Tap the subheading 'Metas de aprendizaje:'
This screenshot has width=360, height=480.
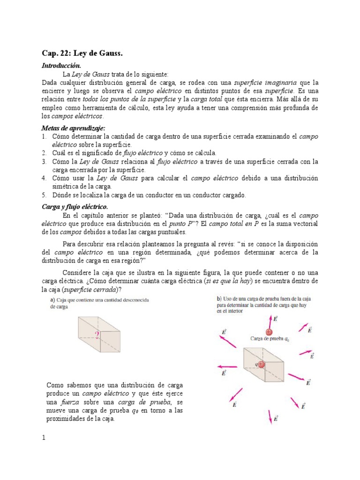point(73,128)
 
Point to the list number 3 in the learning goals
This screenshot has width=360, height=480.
point(43,161)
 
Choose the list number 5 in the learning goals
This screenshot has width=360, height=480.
point(43,195)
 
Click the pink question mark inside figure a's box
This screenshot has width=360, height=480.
point(97,335)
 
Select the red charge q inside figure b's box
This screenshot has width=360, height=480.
point(261,364)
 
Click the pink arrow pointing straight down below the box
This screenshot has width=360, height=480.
point(270,416)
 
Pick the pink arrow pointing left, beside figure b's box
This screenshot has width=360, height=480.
point(227,366)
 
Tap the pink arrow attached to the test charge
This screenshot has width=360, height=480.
point(270,322)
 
